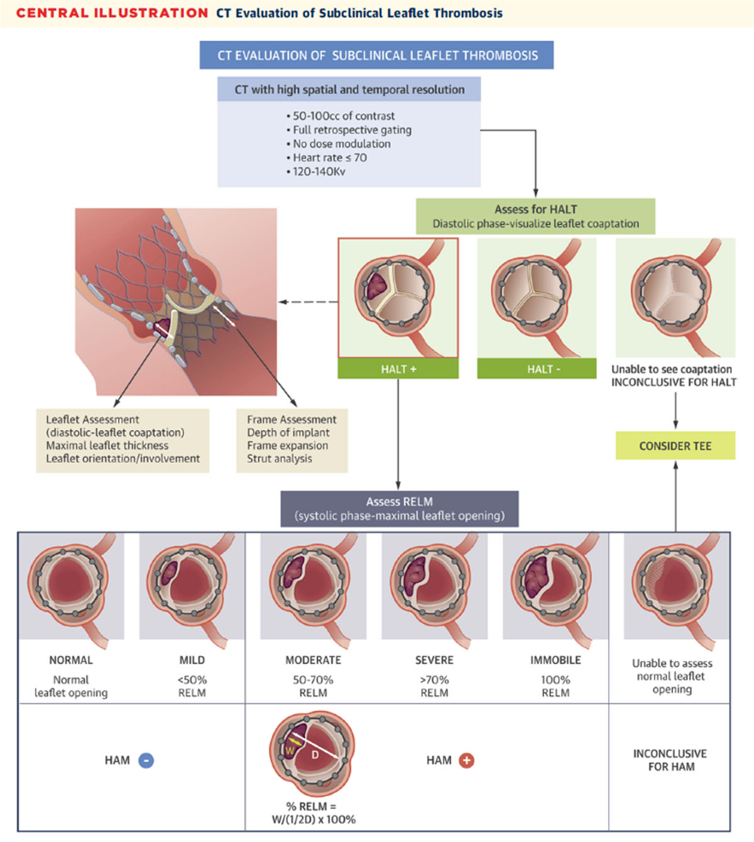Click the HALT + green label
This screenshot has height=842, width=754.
(398, 369)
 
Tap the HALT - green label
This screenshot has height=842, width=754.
(537, 369)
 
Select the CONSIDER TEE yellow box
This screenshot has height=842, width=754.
(675, 446)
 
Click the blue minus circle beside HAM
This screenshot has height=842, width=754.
(146, 760)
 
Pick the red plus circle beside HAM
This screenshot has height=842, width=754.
(466, 760)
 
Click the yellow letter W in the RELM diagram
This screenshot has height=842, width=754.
(290, 751)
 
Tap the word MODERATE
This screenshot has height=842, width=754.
(313, 660)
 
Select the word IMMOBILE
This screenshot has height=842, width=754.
(555, 660)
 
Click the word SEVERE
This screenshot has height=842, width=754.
(434, 660)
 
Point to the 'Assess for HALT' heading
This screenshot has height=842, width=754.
(535, 209)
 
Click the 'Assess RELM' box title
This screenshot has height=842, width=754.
(399, 501)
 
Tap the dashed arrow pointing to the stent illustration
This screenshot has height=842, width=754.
(308, 302)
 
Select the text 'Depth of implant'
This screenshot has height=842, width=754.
(288, 432)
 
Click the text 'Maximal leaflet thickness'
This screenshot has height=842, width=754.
(107, 445)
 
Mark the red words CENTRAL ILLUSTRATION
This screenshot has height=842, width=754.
(112, 13)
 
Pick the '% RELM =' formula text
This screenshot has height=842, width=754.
(311, 806)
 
